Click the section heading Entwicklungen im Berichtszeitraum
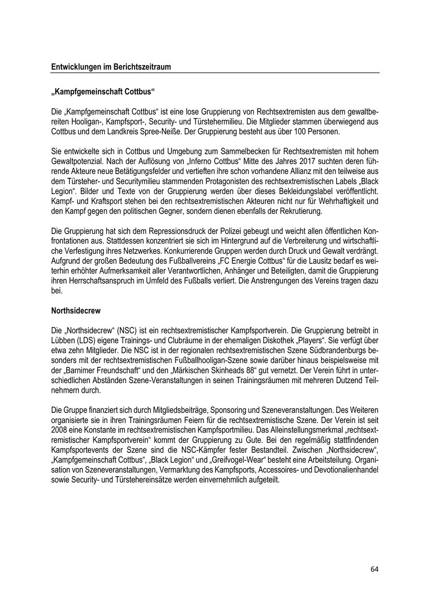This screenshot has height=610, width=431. pyautogui.click(x=111, y=68)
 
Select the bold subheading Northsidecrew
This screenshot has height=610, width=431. pyautogui.click(x=76, y=310)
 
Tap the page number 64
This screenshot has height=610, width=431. pyautogui.click(x=374, y=569)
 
